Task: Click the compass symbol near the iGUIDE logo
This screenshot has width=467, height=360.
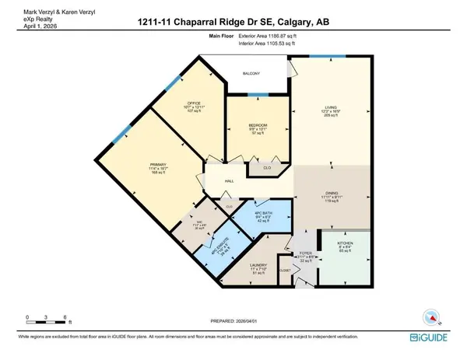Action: click(x=431, y=316)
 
